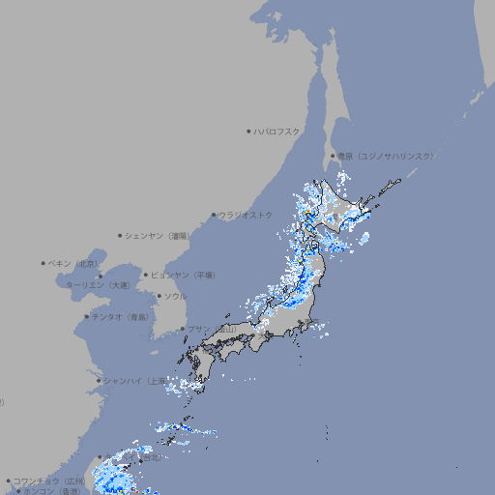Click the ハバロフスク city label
coord(277,131)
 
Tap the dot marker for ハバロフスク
coord(248,131)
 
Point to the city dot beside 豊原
coord(333,156)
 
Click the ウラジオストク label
coord(246,215)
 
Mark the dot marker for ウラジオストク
coord(214,216)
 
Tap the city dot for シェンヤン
coord(121,235)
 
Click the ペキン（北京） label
coord(73,263)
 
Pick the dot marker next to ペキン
coord(44,263)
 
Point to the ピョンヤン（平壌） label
coord(183,275)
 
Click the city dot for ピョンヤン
coord(146,275)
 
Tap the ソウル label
coord(175,296)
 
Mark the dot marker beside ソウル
coord(160,296)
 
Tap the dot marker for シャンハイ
coord(99,381)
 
